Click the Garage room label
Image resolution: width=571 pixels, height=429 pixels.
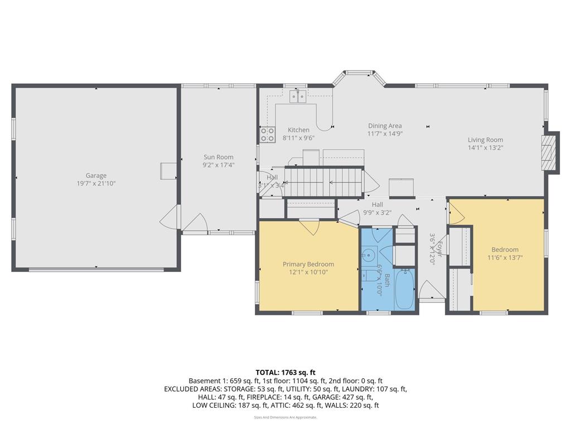[x=96, y=175]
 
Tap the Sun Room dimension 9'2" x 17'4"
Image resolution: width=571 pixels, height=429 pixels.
[x=218, y=165]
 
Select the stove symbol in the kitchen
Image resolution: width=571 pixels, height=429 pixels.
[x=267, y=134]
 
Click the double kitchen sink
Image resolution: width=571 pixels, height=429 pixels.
[x=298, y=97]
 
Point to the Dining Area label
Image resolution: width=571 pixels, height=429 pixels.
[x=384, y=126]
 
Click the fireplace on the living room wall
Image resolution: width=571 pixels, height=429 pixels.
[x=551, y=152]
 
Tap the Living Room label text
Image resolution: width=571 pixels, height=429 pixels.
[x=485, y=140]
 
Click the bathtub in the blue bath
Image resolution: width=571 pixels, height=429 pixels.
[x=404, y=289]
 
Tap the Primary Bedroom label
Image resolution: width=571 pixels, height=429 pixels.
[x=308, y=264]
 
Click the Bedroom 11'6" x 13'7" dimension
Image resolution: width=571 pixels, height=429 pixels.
[x=505, y=258]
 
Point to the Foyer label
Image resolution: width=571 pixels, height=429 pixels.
[x=439, y=249]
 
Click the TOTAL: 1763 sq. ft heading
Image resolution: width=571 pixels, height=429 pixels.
[x=285, y=372]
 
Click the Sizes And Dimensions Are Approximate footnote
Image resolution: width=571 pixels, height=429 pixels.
[x=285, y=417]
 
